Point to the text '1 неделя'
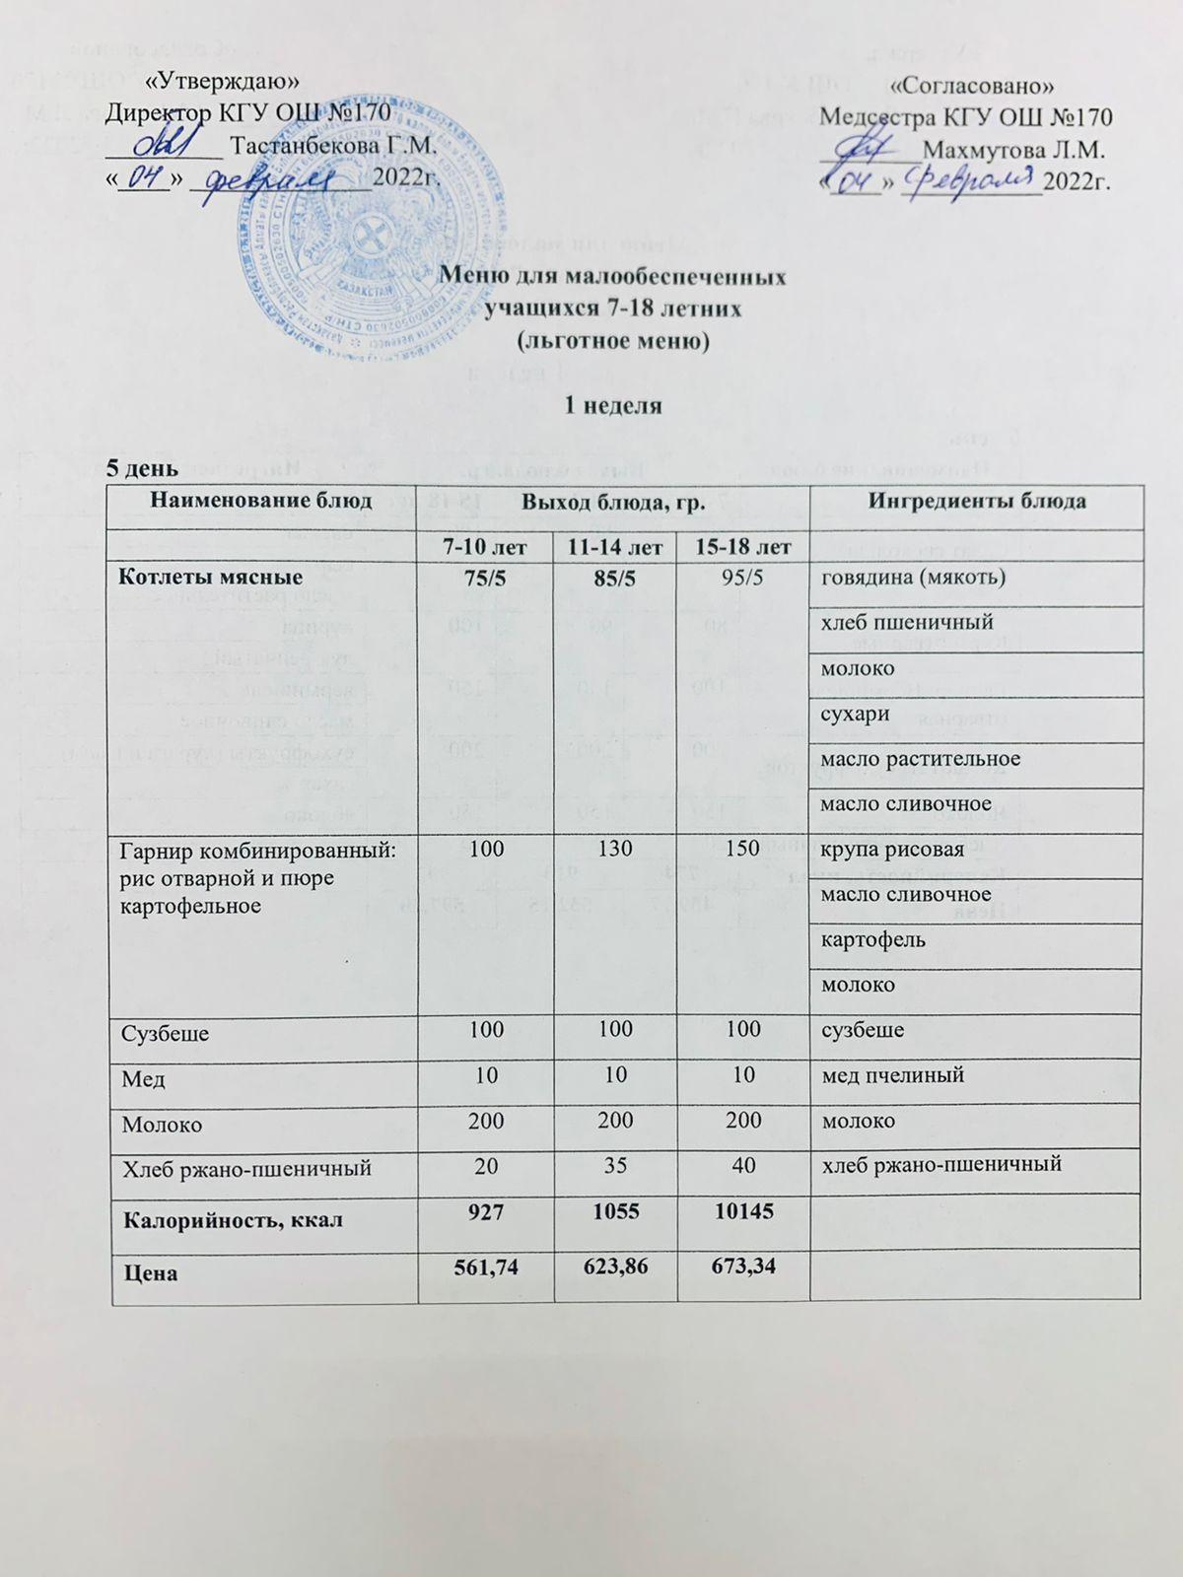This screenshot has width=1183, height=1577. (611, 405)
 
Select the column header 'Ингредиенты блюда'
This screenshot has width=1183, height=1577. (975, 501)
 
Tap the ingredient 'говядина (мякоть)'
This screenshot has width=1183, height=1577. (913, 578)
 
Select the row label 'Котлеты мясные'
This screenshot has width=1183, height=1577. (210, 577)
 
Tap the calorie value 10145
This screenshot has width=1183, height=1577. (742, 1220)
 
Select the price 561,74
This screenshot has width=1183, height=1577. (485, 1272)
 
